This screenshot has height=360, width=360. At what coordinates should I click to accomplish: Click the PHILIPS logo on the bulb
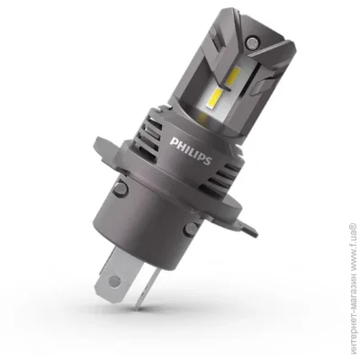point(191,150)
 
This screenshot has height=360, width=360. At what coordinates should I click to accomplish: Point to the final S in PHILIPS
point(208,159)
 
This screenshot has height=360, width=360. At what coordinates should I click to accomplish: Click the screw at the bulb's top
point(250,42)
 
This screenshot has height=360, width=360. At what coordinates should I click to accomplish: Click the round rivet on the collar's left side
point(121,188)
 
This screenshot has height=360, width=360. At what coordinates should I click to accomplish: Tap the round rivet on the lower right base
point(191,229)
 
